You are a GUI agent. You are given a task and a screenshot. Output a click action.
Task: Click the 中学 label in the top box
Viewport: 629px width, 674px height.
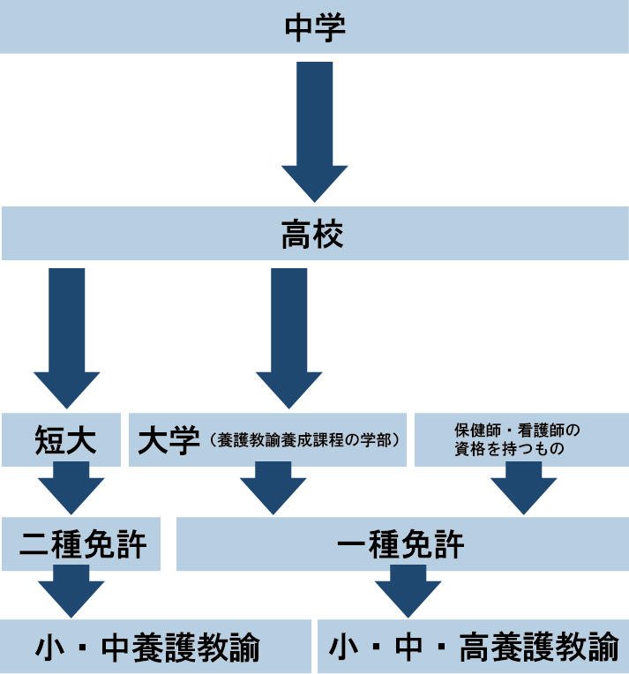(314, 26)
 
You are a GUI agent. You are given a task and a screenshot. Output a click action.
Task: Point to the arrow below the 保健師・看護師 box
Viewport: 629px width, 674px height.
(523, 488)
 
